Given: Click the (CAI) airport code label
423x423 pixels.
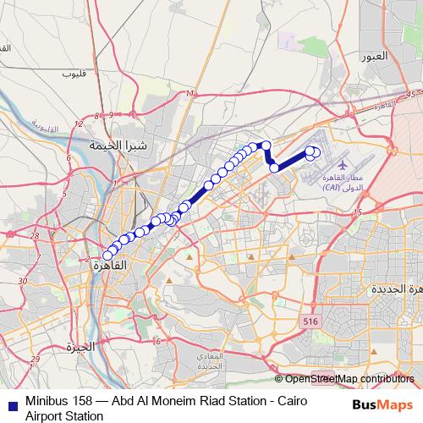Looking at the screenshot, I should [x=332, y=189].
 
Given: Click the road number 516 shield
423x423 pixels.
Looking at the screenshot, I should [x=310, y=322].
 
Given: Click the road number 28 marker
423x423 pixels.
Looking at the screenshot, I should [x=34, y=235].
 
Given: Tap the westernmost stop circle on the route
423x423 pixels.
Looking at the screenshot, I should [x=107, y=255].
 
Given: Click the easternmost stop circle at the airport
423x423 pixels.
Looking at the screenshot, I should [x=316, y=153].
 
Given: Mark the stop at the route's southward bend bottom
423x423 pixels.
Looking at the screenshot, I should [x=275, y=167].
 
